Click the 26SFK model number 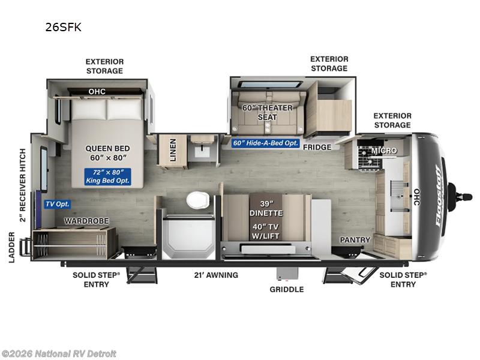point(63,27)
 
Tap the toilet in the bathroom point(197,200)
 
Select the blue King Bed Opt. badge point(107,176)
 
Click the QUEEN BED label point(107,153)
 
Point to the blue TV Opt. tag point(58,204)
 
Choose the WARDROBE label point(87,221)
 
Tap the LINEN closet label point(173,150)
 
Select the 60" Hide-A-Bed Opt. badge point(266,143)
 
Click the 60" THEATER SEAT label point(267,112)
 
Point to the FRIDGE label point(317,147)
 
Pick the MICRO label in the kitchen point(384,150)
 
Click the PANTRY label point(355,240)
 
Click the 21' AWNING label point(216,275)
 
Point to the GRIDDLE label point(286,289)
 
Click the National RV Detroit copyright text point(59,353)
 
